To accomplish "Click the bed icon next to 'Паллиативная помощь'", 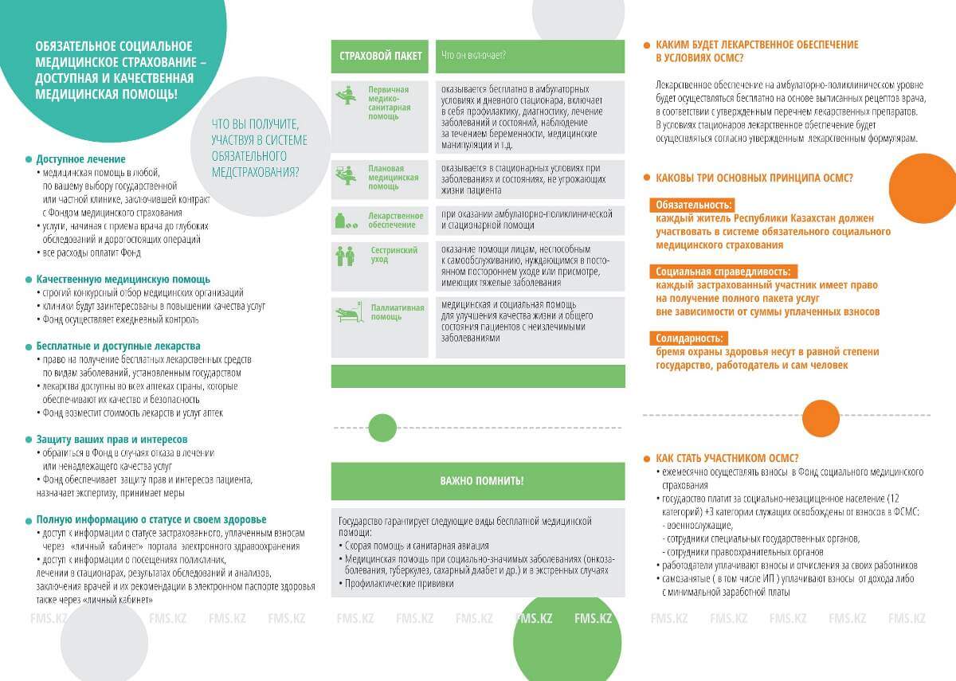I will tap(347, 313).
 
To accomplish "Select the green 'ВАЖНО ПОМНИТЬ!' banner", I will tap(478, 481).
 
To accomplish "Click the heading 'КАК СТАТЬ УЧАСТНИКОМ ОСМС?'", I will tap(727, 458).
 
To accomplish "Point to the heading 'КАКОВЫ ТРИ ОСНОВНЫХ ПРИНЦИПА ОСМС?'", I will tap(754, 178).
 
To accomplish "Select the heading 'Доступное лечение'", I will tap(80, 159).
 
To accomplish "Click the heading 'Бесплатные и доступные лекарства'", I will tap(118, 346).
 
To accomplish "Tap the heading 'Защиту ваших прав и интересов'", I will tap(112, 439).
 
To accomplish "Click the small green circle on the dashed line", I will tap(382, 428).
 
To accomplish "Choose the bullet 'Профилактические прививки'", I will tap(398, 584).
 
